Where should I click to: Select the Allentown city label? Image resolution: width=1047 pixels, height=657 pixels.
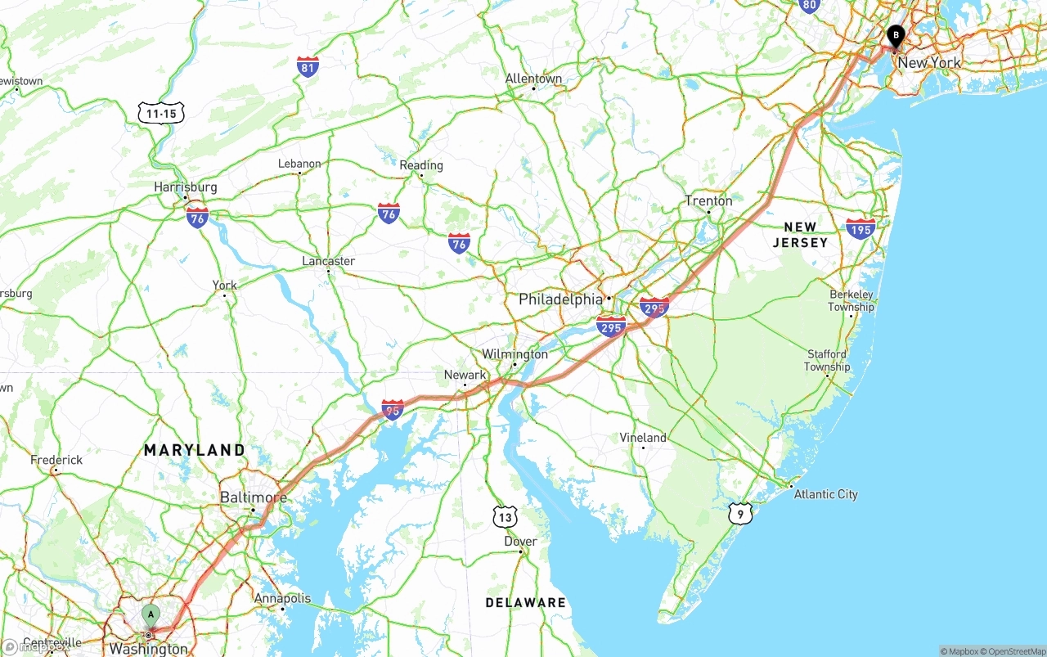pos(533,79)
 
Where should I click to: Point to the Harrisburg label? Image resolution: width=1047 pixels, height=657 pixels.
pos(186,187)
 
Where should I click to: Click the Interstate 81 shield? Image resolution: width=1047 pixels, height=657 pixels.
pos(308,67)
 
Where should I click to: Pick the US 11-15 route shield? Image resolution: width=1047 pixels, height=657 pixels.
pos(162,113)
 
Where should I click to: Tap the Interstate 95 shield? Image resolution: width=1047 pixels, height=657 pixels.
pos(393,410)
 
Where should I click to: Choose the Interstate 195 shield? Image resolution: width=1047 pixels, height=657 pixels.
pos(861,228)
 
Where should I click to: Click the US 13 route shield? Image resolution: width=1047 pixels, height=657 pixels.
pos(506,516)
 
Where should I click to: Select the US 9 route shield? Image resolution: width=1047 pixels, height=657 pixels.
pos(739,513)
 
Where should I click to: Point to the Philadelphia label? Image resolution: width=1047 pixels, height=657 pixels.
pos(560,299)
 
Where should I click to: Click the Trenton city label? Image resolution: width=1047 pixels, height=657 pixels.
pos(709,200)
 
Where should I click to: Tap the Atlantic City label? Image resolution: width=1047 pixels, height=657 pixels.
pos(825,494)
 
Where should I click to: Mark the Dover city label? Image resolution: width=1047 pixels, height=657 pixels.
pos(520,542)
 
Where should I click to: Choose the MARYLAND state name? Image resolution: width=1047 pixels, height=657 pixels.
pos(195,450)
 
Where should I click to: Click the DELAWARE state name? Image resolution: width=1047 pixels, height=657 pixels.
pos(525,603)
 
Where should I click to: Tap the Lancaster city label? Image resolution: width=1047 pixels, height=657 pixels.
pos(329,261)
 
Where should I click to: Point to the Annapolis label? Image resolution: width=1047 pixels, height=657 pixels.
pos(282,598)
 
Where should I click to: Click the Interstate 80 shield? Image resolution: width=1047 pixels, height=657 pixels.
pos(809,6)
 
